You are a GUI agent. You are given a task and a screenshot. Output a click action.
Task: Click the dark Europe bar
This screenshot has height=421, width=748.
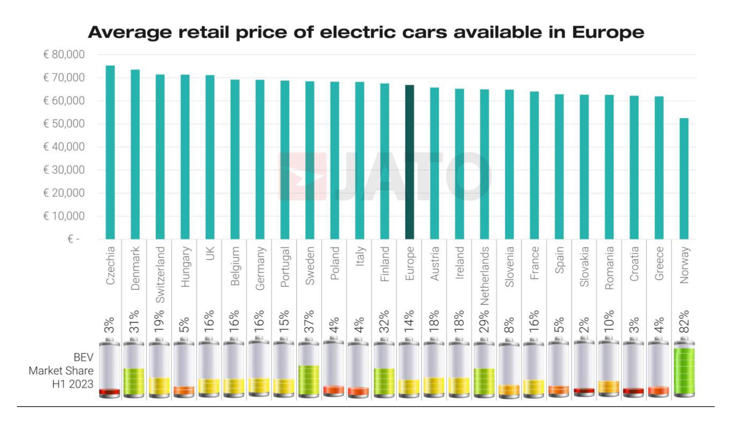click(x=410, y=162)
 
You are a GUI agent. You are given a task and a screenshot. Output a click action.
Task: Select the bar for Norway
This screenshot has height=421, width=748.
click(x=684, y=178)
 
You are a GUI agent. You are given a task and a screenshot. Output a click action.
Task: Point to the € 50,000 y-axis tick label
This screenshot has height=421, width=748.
click(x=64, y=124)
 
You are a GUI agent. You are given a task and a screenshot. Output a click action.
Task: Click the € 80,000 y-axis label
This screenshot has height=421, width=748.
click(x=64, y=54)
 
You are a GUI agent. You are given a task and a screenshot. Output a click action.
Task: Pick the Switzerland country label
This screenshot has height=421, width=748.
click(x=160, y=274)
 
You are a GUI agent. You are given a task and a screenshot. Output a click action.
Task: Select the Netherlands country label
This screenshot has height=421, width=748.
click(x=485, y=276)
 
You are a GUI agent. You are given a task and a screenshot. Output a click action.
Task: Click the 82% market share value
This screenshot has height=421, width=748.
click(x=684, y=322)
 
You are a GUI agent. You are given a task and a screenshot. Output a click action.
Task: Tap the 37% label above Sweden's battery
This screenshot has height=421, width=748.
click(x=310, y=322)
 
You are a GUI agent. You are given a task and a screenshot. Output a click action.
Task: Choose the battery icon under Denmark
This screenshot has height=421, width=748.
click(x=134, y=368)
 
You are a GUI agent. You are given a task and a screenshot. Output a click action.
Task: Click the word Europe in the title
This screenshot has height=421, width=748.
click(x=608, y=32)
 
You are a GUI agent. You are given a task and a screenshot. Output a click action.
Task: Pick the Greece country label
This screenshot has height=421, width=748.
click(x=659, y=264)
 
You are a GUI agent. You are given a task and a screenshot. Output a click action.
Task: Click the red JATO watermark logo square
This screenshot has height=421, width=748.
click(x=302, y=176)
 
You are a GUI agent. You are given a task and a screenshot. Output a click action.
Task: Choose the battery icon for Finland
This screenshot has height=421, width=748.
click(x=384, y=368)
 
